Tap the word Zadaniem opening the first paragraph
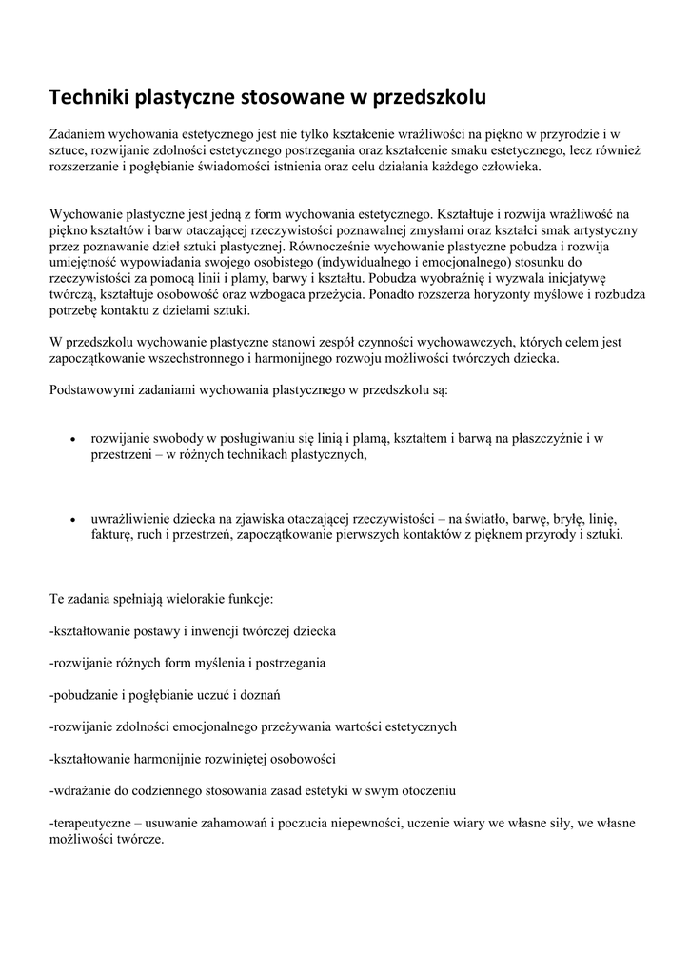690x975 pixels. click(x=81, y=135)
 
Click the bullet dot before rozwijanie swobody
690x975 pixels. click(x=73, y=439)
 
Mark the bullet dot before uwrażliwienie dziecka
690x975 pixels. click(x=73, y=520)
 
